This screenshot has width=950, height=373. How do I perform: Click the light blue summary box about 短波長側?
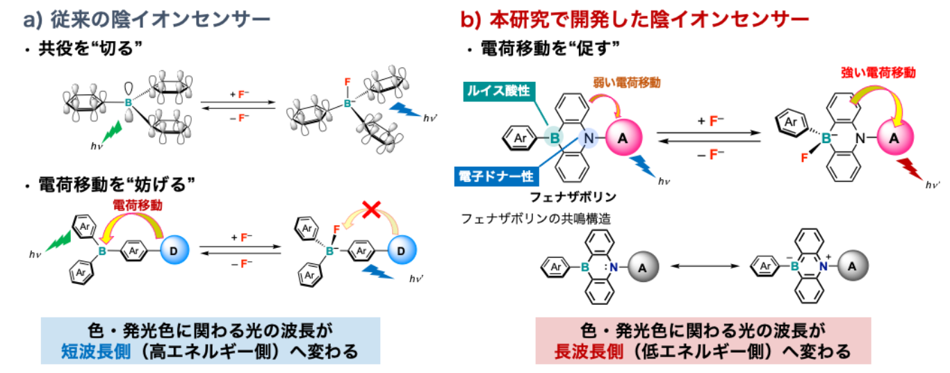(x=211, y=340)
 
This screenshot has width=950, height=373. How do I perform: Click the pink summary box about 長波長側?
(x=703, y=340)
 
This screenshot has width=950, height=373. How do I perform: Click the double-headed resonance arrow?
(x=702, y=265)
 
